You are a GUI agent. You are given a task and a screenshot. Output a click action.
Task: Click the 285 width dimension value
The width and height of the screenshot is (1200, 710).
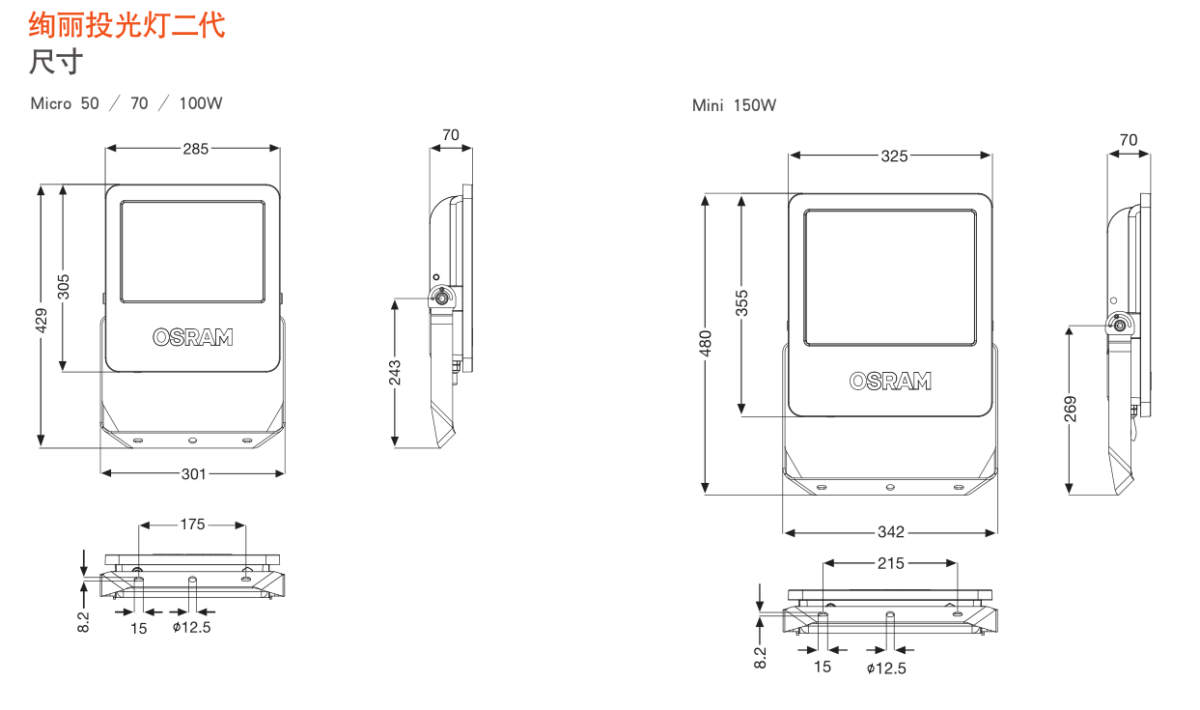196,149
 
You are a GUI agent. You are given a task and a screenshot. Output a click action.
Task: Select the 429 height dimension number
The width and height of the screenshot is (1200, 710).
42,321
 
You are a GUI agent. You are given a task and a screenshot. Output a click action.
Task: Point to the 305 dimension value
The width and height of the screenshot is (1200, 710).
63,287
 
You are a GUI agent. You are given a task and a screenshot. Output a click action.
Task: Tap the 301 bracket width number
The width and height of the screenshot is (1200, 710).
193,474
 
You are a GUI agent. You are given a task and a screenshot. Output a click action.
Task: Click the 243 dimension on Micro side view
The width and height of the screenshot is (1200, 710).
395,373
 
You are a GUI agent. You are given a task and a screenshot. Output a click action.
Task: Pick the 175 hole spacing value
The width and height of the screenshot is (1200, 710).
192,525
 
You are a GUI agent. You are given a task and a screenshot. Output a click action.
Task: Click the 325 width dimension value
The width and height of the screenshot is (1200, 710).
894,156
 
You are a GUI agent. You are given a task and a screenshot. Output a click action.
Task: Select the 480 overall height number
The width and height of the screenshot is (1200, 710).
705,344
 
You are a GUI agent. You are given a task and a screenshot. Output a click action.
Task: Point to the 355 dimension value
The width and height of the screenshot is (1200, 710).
741,303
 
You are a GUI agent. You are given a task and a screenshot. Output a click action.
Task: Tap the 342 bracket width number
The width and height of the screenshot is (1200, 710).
891,532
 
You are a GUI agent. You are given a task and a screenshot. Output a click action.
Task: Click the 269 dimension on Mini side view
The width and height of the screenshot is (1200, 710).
1070,409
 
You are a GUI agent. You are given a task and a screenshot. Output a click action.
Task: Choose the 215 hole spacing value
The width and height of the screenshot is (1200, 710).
890,563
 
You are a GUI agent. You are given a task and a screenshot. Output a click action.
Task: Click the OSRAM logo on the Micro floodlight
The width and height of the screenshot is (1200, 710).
193,337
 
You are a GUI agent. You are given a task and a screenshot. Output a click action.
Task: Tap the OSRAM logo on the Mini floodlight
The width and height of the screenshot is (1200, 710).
890,381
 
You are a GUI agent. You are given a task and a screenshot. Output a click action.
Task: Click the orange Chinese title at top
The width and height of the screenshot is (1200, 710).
127,25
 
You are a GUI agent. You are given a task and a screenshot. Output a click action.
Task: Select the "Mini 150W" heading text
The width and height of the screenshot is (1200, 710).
734,105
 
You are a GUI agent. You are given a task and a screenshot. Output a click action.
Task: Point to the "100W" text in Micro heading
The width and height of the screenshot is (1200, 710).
201,103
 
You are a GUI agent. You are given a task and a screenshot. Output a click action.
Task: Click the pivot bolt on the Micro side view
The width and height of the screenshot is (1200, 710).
441,298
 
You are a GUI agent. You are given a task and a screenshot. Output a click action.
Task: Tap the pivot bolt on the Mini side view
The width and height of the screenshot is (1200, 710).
1120,326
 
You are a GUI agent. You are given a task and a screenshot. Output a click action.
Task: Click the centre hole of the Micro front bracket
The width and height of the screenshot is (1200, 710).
192,440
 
